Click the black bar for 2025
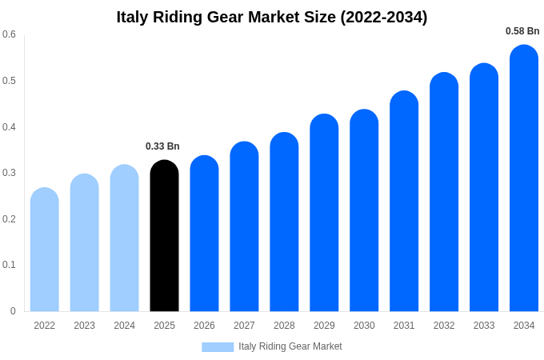[x=164, y=236]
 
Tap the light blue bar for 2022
[x=44, y=250]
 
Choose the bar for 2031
[x=404, y=202]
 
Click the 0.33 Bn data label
[x=162, y=146]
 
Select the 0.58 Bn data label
[x=522, y=31]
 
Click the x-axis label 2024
[x=124, y=326]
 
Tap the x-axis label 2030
[x=364, y=326]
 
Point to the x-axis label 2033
[x=484, y=326]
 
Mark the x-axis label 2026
[x=204, y=326]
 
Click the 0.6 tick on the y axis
[x=9, y=34]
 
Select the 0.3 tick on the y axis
[x=9, y=173]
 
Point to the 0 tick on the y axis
[x=13, y=311]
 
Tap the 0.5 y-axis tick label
[x=9, y=81]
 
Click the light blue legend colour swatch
[x=218, y=347]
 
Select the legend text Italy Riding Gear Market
[x=290, y=346]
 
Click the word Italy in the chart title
[x=134, y=17]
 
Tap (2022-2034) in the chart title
[x=384, y=17]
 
